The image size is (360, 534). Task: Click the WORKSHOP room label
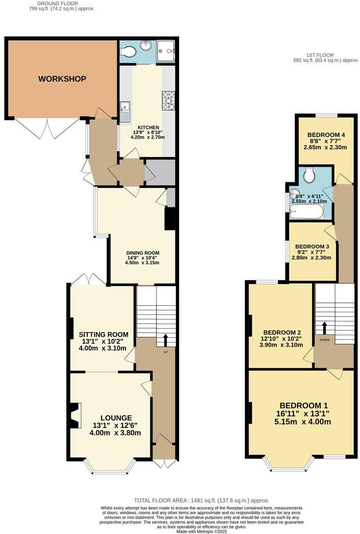(x=62, y=79)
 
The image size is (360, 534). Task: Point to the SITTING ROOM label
(x=103, y=334)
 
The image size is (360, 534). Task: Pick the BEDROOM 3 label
(x=312, y=247)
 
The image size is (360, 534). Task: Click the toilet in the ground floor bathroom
(x=130, y=51)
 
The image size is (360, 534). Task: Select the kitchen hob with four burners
(x=168, y=100)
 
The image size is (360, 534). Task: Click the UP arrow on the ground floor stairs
(x=165, y=340)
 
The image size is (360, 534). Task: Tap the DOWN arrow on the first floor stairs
(x=324, y=328)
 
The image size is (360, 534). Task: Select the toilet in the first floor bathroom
(x=308, y=176)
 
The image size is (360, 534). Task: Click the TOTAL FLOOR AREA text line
(x=201, y=500)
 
